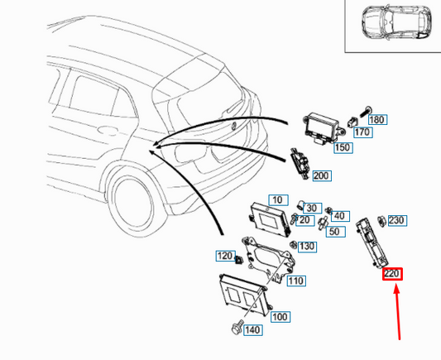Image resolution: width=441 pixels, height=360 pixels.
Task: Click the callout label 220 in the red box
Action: click(x=391, y=273)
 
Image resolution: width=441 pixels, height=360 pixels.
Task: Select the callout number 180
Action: click(x=376, y=119)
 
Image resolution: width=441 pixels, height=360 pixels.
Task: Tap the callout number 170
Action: click(x=362, y=132)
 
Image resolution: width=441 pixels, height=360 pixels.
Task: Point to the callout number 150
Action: click(x=342, y=147)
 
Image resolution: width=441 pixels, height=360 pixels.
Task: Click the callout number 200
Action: click(x=322, y=175)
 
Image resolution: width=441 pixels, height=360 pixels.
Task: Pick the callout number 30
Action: click(x=312, y=208)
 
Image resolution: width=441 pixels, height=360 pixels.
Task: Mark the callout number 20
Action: click(x=304, y=219)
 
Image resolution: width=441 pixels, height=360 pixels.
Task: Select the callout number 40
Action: click(x=339, y=216)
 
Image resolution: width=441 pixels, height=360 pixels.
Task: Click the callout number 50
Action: click(x=333, y=231)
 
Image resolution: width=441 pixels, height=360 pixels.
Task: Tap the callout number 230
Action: click(x=396, y=220)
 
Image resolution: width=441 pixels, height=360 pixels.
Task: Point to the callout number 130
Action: click(x=307, y=247)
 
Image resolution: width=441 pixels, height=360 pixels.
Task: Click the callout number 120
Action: click(x=224, y=256)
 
